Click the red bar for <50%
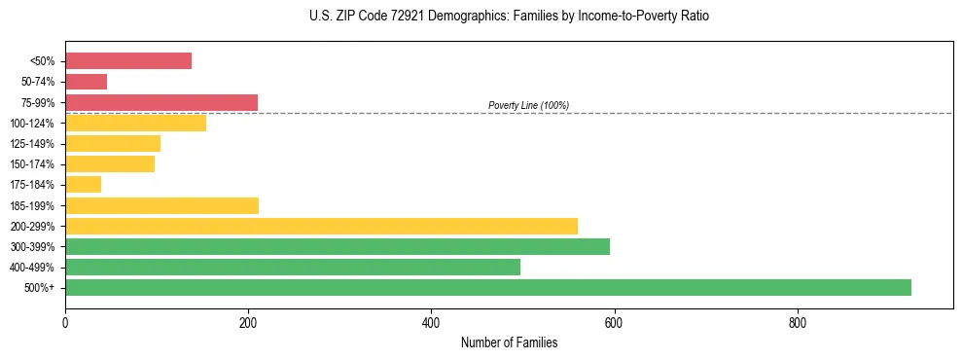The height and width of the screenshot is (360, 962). [128, 61]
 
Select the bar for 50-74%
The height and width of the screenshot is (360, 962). [86, 82]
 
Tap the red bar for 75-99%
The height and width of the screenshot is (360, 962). [161, 102]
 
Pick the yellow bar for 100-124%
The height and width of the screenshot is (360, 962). [135, 123]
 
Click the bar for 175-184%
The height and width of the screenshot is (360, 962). [83, 185]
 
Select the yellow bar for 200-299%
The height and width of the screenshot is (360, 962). [321, 226]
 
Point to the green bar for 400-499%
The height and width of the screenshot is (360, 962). [293, 267]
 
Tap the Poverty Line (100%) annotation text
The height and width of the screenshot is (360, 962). [528, 105]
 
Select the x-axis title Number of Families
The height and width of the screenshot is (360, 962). [510, 343]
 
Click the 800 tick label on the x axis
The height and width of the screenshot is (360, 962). [798, 322]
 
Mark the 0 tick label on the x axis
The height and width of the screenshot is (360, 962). [65, 322]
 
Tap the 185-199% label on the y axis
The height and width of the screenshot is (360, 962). [32, 205]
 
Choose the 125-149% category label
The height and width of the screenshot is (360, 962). [32, 144]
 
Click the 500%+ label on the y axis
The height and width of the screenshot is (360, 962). [38, 288]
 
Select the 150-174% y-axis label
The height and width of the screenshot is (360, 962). [32, 164]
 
